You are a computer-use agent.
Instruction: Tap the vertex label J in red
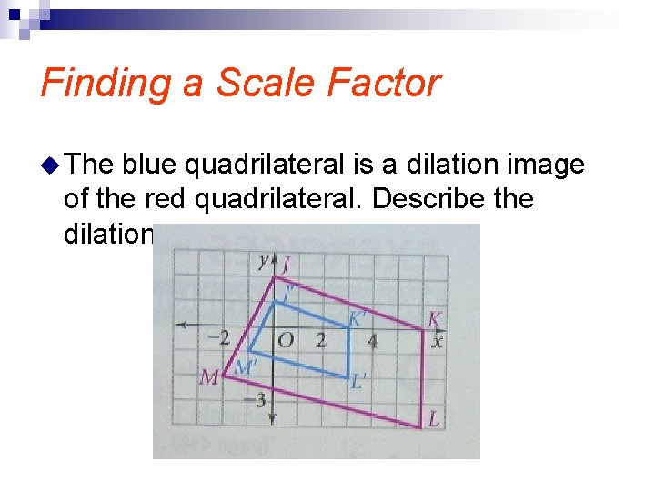[287, 265]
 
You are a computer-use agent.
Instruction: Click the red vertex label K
[435, 319]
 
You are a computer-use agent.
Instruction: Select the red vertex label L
[435, 418]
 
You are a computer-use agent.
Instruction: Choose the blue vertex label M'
[245, 367]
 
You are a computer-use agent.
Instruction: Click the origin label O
[285, 341]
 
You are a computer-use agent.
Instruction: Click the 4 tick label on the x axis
[372, 342]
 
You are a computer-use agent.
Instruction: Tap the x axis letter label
[438, 343]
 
